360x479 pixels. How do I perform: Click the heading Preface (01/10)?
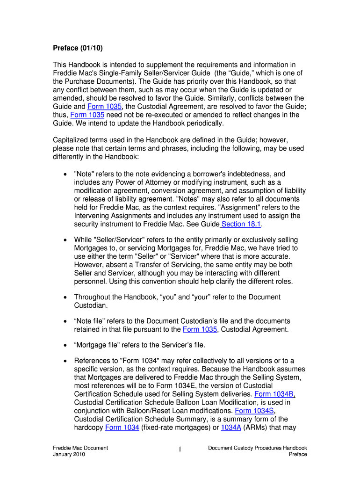pyautogui.click(x=78, y=48)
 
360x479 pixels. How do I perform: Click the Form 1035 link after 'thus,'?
pyautogui.click(x=87, y=115)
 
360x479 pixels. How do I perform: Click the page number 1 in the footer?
pyautogui.click(x=180, y=450)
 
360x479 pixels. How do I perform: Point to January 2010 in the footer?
pyautogui.click(x=69, y=454)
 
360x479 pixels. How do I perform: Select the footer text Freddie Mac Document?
pyautogui.click(x=80, y=448)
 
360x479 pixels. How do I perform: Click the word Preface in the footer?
pyautogui.click(x=298, y=454)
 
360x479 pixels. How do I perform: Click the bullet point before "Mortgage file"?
pyautogui.click(x=64, y=345)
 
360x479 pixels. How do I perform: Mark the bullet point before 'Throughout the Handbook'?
pyautogui.click(x=64, y=297)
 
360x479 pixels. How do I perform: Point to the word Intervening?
pyautogui.click(x=94, y=216)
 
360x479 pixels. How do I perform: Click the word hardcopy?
pyautogui.click(x=88, y=428)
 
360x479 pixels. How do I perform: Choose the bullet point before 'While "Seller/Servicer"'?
pyautogui.click(x=64, y=239)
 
